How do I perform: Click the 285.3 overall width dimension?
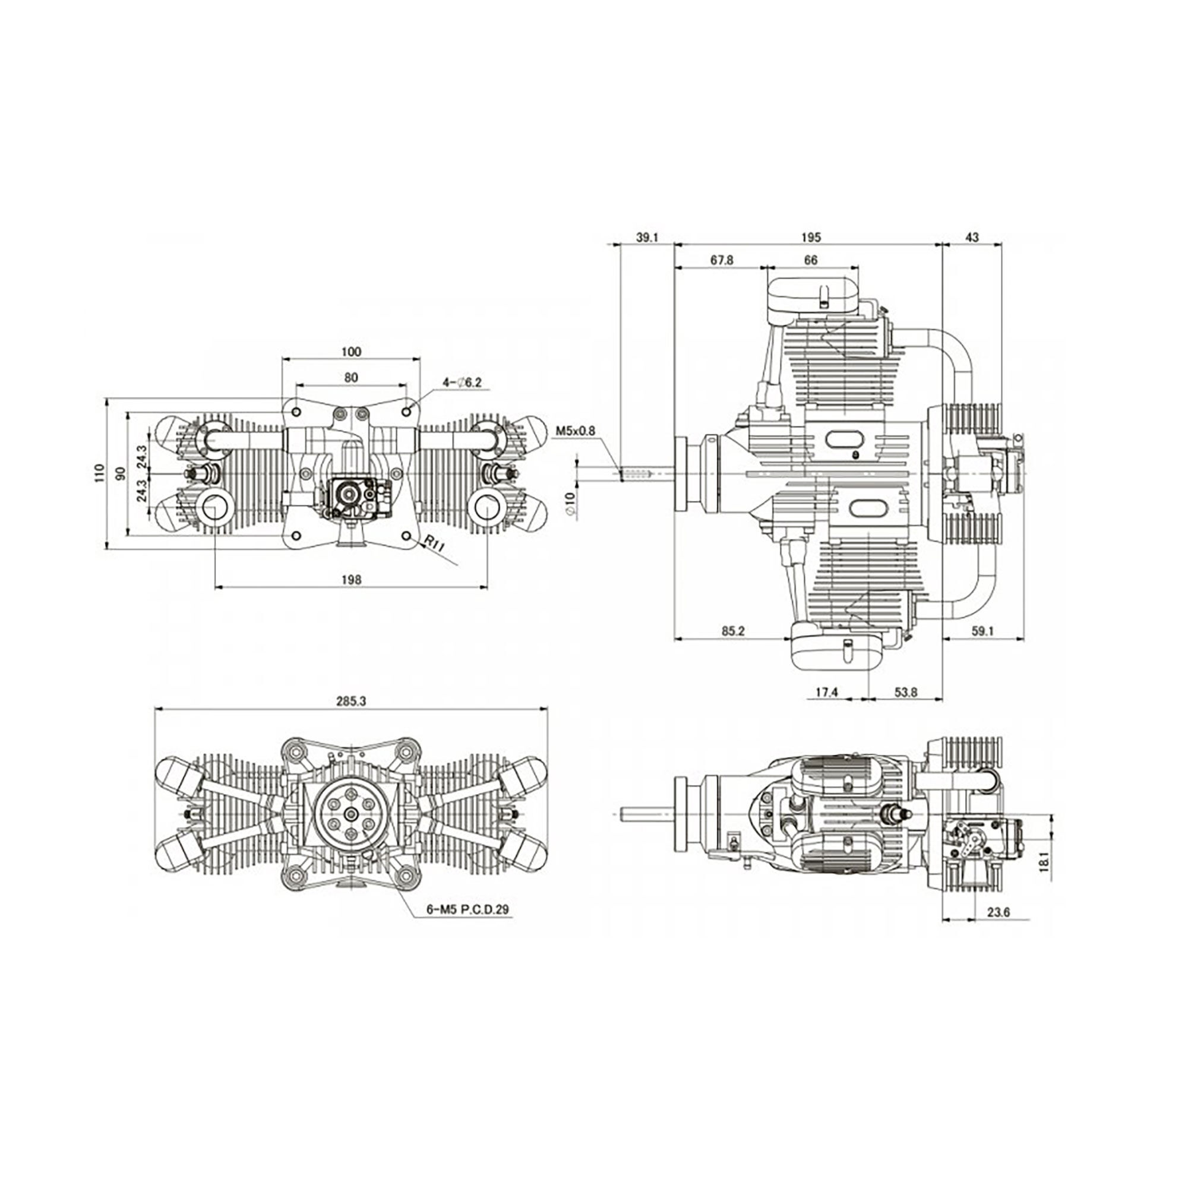351,700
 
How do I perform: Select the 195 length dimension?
811,237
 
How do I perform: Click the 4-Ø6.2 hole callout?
462,383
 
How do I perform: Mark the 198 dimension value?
351,579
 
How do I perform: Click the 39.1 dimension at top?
647,237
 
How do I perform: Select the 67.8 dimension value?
722,260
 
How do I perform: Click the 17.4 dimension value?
827,693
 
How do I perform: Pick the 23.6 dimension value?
998,930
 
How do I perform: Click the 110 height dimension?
100,473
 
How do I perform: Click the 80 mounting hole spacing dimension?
351,378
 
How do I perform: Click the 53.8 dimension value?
906,693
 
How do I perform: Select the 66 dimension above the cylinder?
811,260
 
